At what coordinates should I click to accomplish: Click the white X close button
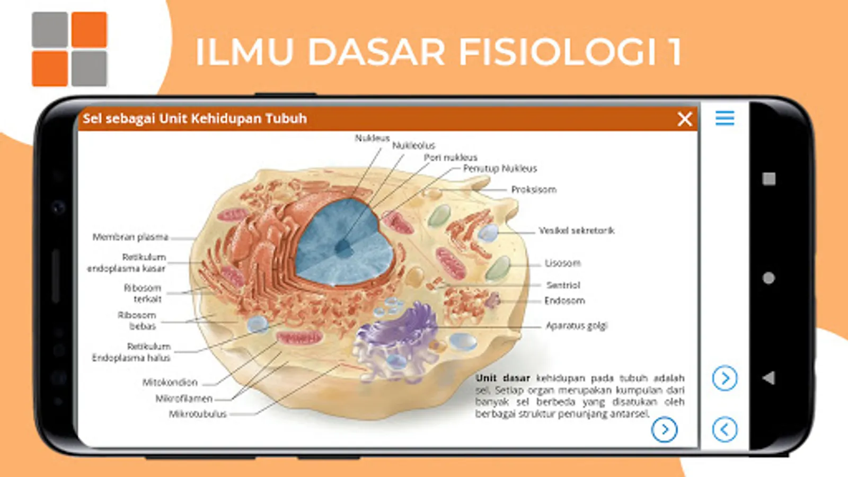coord(685,119)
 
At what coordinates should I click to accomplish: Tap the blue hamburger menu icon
coord(725,118)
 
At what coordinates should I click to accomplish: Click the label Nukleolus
coord(413,145)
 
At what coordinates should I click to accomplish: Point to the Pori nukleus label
coord(450,157)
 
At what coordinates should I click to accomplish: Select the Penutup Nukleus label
coord(500,169)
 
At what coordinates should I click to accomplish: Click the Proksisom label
coord(534,190)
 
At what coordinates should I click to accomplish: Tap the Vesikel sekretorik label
coord(577,231)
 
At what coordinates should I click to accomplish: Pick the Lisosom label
coord(563,263)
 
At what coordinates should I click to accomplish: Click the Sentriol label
coord(563,285)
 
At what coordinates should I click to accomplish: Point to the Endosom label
coord(564,301)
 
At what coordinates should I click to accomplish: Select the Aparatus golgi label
coord(577,325)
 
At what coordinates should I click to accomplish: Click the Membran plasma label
coord(130,237)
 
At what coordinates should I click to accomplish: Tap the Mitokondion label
coord(170,382)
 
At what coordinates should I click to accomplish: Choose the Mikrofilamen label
coord(184,399)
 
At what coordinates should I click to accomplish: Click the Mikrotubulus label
coord(198,414)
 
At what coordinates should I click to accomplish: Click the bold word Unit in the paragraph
coord(486,378)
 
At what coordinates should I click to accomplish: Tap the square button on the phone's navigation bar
coord(769,179)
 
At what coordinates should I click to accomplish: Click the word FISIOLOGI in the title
coord(556,52)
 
